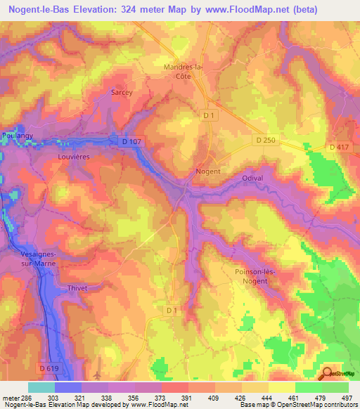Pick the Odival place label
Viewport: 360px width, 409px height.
coord(252,178)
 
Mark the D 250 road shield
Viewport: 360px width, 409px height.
coord(265,141)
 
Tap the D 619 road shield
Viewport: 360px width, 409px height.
coord(49,368)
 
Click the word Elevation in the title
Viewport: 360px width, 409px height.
coord(110,10)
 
